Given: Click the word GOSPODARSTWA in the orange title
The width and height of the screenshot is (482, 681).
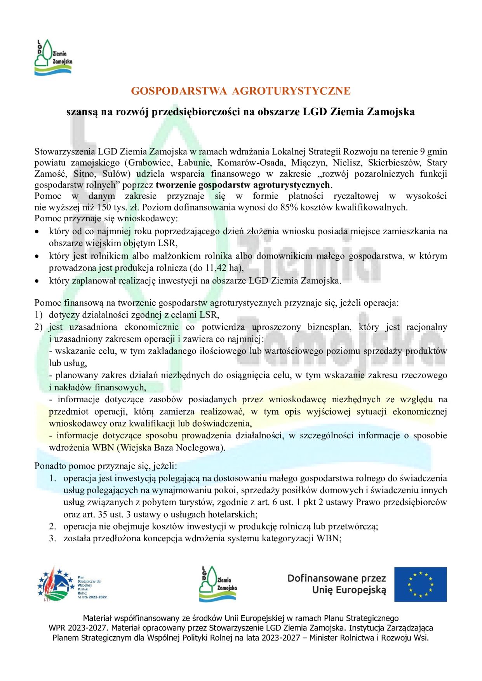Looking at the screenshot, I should point(179,91).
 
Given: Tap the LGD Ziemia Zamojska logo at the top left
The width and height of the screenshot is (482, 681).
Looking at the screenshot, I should point(53,57).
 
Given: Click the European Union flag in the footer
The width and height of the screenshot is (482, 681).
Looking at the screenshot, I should point(420,584).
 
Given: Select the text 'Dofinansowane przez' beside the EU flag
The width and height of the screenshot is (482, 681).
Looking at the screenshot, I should point(336,578).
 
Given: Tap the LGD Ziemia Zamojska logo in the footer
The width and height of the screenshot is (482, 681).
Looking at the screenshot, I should point(218,584).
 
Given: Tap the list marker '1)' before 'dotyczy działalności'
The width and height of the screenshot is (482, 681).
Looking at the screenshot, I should point(38,315).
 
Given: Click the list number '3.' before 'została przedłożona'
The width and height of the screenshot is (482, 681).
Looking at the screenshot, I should point(52,539).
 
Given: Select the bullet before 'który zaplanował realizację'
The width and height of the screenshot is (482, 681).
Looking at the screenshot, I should point(37,281).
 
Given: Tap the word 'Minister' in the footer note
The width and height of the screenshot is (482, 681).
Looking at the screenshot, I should point(325,638).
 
